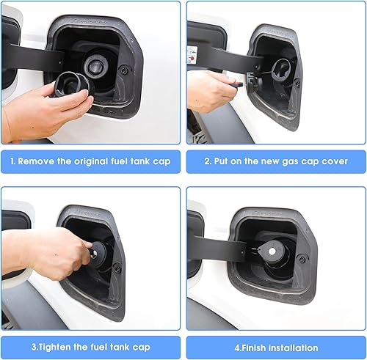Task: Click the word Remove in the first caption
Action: tap(38, 161)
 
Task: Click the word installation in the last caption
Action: tap(291, 348)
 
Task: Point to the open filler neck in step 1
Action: tap(96, 67)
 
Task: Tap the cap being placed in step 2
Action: tap(282, 67)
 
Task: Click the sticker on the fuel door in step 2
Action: tap(192, 54)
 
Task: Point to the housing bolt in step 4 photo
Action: tap(302, 259)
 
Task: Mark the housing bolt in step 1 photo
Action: tap(123, 71)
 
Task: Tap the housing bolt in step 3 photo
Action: tap(117, 268)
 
